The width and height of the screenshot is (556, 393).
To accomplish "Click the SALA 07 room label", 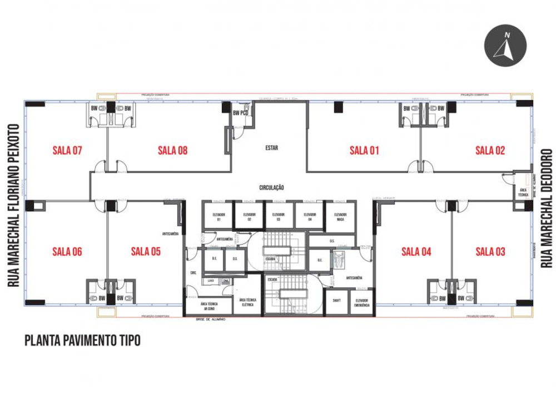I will [67, 150].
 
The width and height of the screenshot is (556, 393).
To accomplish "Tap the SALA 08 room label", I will [173, 150].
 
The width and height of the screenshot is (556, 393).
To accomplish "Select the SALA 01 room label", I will [364, 150].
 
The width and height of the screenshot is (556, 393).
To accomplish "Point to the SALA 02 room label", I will [490, 150].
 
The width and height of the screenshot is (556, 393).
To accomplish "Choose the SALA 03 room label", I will [490, 252].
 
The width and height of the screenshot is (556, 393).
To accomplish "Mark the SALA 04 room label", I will [416, 252].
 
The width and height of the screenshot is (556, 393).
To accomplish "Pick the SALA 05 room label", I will [146, 252].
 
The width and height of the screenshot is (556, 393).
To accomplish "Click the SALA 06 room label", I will [67, 252].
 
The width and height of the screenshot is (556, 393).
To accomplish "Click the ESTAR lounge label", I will [271, 148].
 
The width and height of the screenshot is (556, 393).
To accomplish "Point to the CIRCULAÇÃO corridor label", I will [271, 188].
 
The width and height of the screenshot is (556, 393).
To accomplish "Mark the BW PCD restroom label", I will [240, 113].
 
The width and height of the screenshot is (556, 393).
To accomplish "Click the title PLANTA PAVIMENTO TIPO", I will [82, 340].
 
